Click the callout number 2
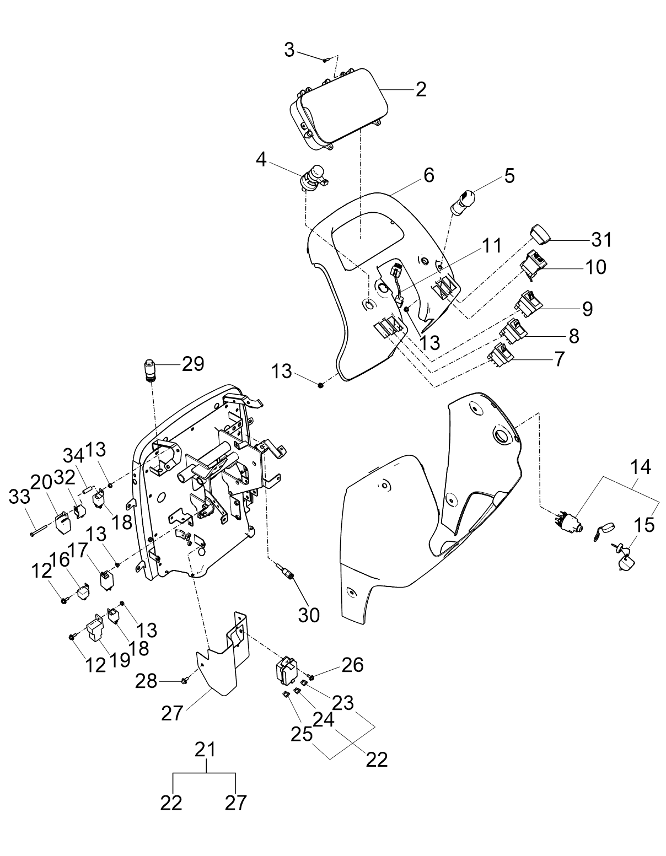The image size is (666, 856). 421,90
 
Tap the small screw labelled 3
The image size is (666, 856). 325,60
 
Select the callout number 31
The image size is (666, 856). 601,240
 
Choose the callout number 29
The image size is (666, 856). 192,364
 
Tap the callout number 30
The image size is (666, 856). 308,615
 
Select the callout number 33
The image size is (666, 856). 19,497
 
